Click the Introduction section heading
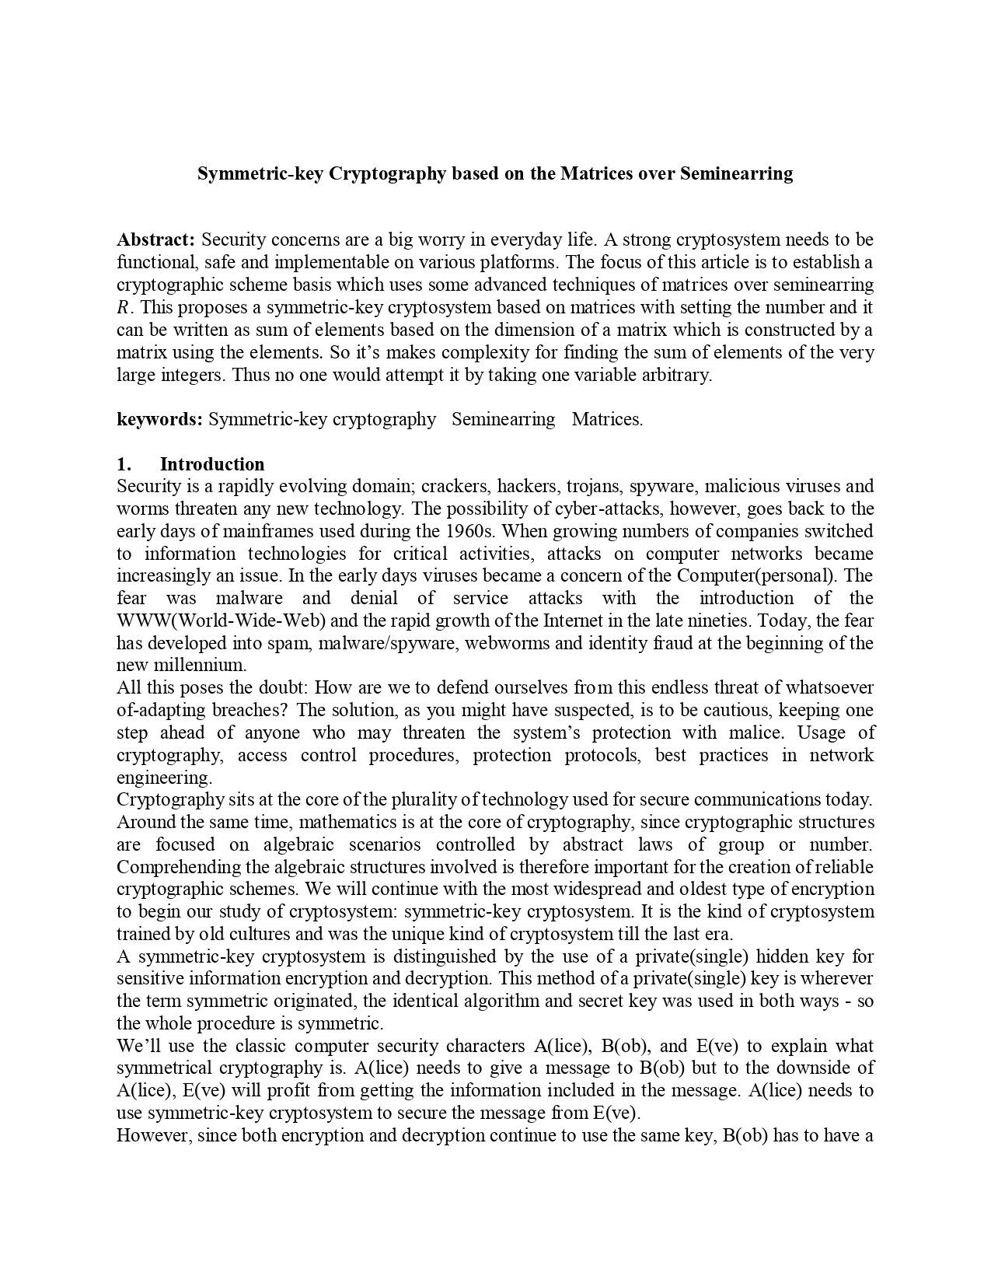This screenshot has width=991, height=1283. tap(211, 464)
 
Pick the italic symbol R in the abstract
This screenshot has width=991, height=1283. tap(123, 307)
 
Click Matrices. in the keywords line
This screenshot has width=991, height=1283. tap(607, 419)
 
